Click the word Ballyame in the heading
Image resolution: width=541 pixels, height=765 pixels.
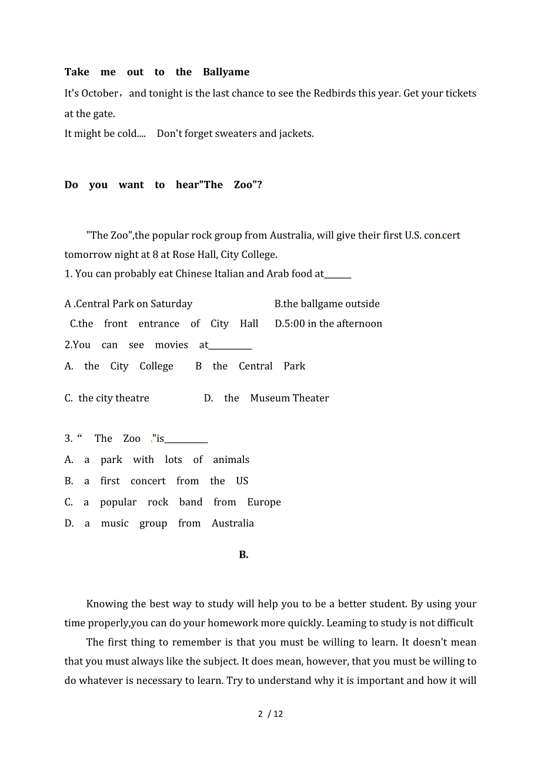[x=226, y=72]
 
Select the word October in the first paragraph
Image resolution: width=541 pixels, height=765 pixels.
[x=100, y=93]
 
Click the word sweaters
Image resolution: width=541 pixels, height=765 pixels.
[x=235, y=133]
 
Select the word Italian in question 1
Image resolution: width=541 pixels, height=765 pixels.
[x=227, y=274]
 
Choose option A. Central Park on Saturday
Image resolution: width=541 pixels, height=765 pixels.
[x=129, y=304]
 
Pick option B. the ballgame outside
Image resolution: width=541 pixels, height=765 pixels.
[x=327, y=304]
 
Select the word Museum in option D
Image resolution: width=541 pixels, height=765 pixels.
[x=270, y=398]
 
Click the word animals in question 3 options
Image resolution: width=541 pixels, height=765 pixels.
[x=231, y=460]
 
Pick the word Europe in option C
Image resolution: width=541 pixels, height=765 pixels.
[x=264, y=502]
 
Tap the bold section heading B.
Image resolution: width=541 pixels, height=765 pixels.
[x=244, y=555]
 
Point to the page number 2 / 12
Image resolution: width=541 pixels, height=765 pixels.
[x=270, y=714]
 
